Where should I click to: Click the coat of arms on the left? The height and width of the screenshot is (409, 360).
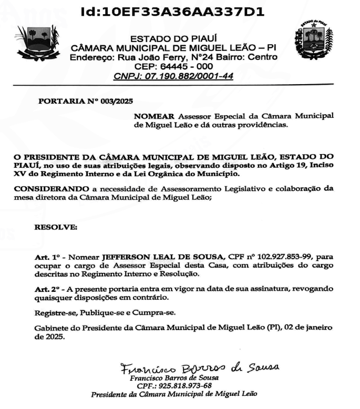[39, 45]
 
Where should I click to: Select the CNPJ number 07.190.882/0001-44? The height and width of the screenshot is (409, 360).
[189, 76]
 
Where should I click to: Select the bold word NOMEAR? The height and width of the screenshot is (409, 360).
[155, 116]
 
